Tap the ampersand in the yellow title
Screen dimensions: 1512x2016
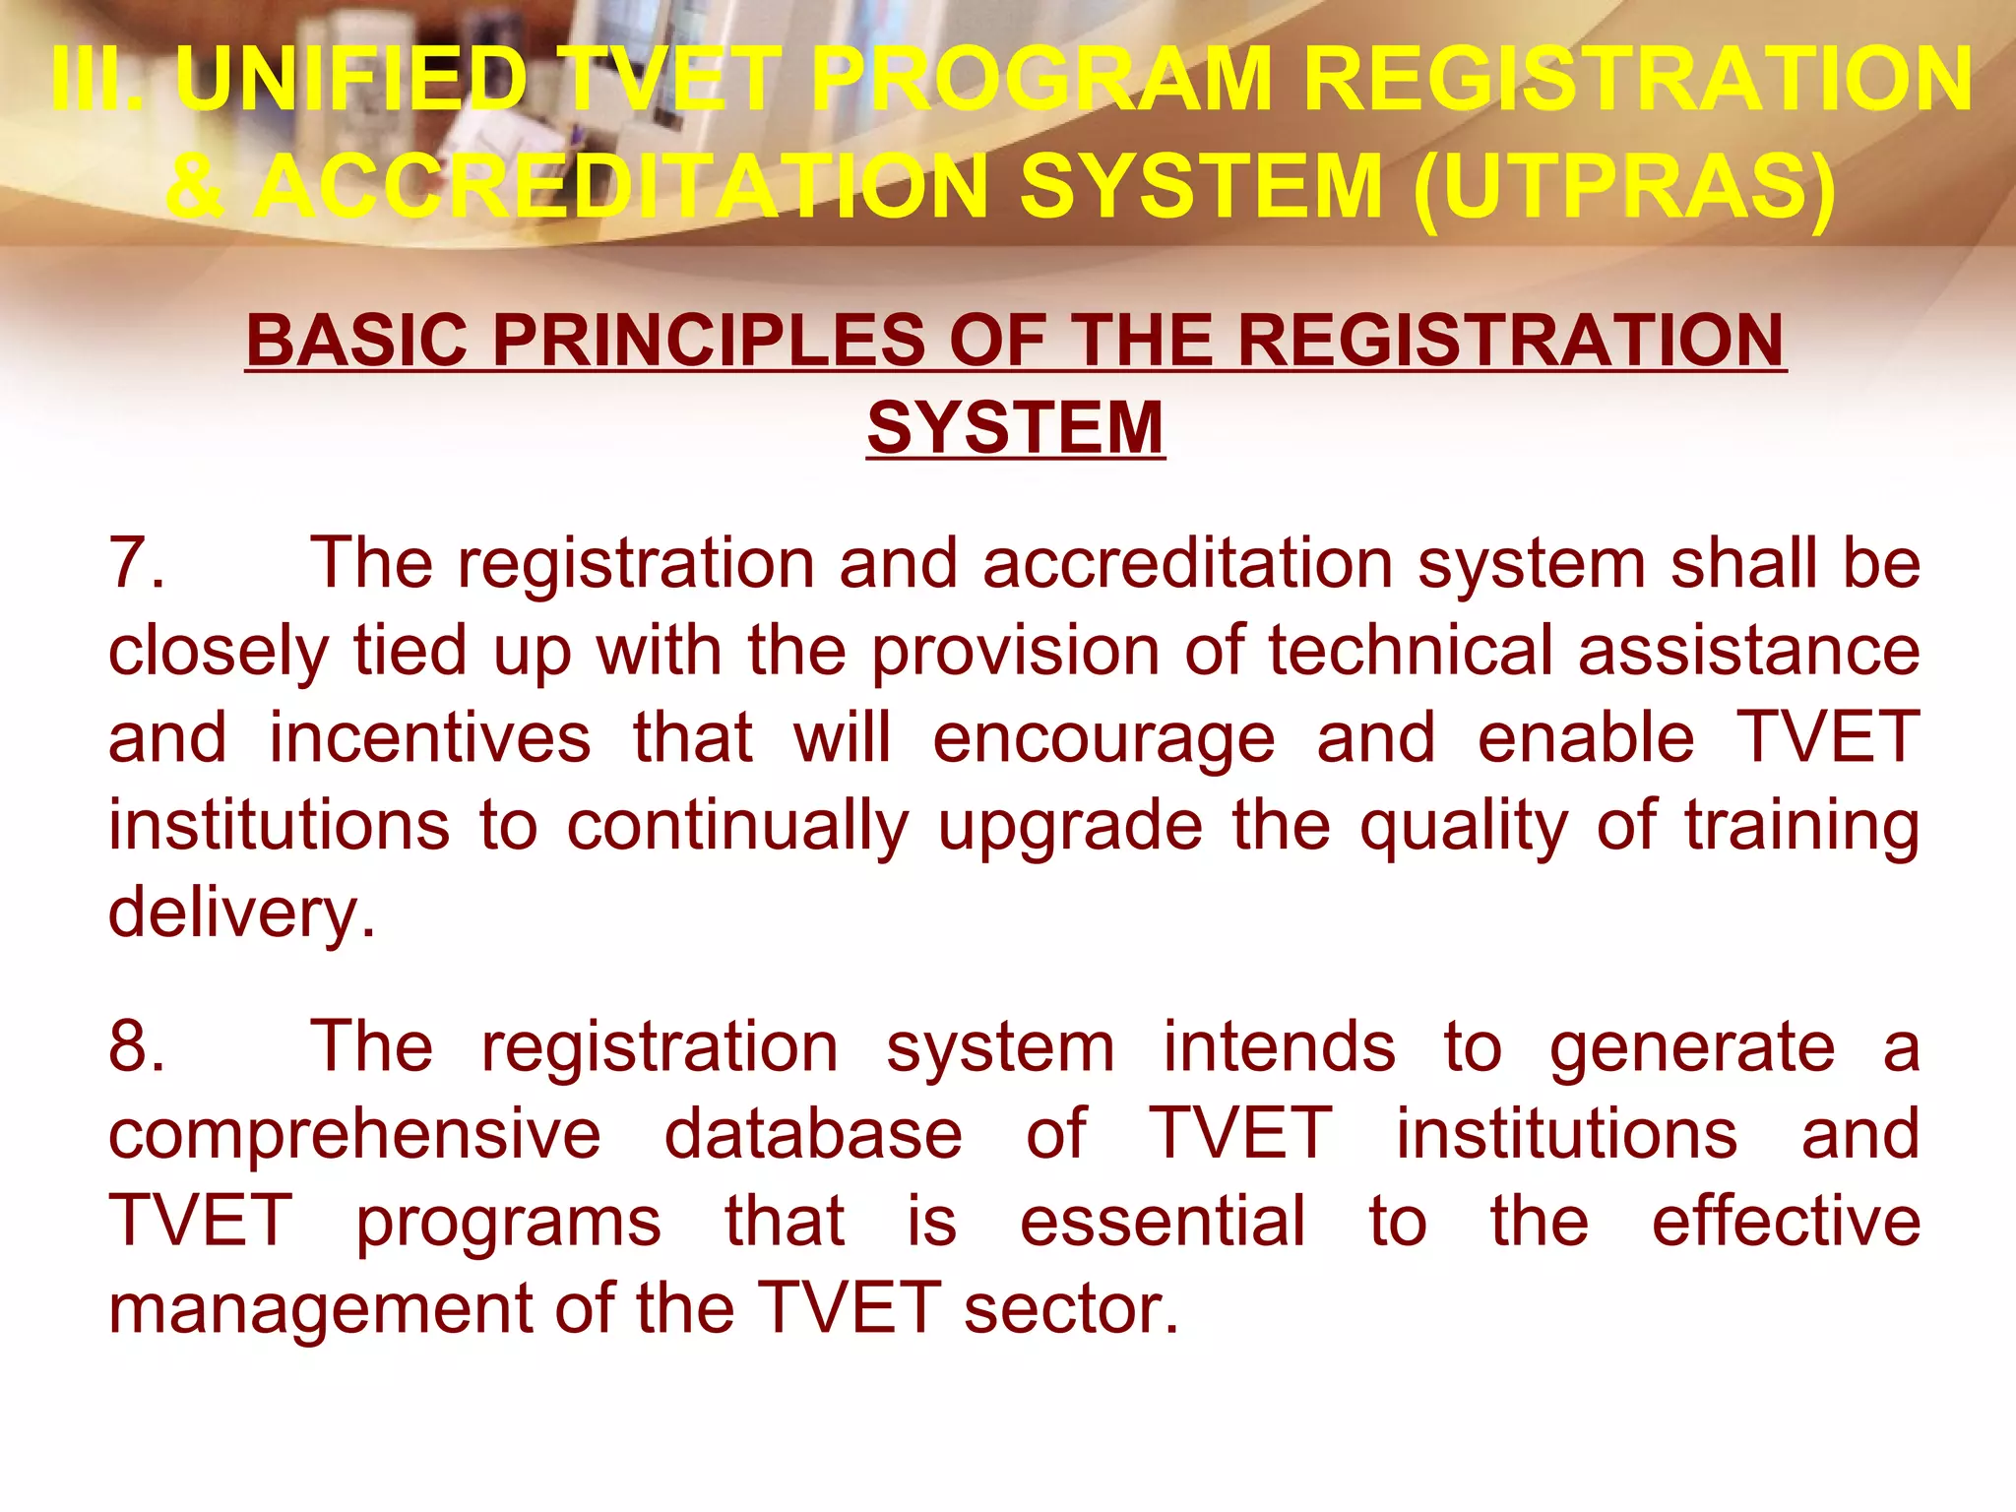196,187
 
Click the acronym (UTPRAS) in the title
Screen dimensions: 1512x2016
1624,187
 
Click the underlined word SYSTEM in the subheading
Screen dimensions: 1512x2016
1015,428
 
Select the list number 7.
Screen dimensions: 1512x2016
135,563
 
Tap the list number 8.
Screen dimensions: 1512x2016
135,1045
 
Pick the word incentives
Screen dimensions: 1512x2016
430,738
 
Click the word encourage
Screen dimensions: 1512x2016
1103,740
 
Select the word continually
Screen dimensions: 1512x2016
737,827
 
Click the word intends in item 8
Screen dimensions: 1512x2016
1279,1045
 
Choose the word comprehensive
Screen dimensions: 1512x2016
354,1134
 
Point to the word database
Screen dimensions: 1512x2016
813,1134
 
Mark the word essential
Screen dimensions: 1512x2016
1163,1221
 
